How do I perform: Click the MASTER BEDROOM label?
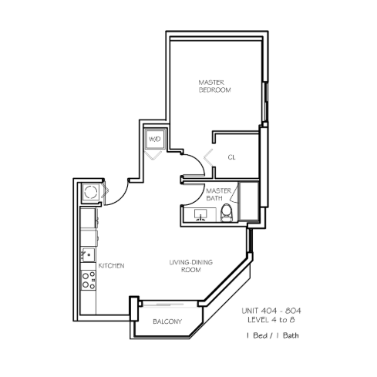215,86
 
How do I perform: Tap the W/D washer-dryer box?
155,139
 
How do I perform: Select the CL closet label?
231,157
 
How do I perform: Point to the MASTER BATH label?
218,194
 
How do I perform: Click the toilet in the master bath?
227,213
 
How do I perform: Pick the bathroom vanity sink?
200,215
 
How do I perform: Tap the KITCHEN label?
111,265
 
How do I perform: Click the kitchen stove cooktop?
89,280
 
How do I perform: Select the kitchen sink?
88,255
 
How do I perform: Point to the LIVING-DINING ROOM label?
191,266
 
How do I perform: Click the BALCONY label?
167,321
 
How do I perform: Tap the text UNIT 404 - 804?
271,311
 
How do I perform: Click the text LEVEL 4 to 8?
271,320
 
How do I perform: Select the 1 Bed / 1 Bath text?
272,335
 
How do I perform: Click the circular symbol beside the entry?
91,192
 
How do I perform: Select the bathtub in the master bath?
248,201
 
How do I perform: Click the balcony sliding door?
168,305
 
